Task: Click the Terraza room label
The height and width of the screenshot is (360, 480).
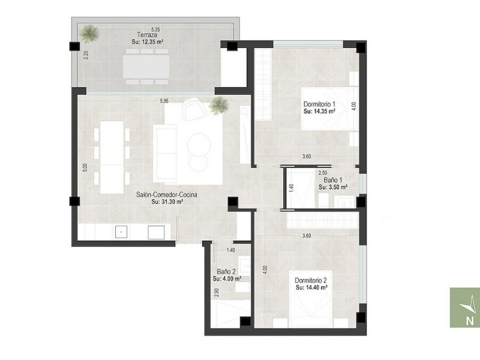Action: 147,35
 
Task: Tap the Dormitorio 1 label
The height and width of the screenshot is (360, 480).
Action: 319,104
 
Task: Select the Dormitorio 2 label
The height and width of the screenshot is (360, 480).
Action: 311,280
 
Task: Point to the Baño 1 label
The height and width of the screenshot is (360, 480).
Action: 333,180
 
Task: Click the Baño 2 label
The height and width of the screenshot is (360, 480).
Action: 226,271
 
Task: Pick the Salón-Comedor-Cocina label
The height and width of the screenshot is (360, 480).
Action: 167,194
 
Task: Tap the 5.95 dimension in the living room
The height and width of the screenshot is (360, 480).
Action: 164,100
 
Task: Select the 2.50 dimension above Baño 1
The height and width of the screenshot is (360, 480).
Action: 323,173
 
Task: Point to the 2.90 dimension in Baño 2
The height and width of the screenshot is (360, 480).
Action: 217,293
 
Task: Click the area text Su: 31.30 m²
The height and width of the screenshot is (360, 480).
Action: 167,202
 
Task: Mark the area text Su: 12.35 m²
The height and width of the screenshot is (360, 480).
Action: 147,42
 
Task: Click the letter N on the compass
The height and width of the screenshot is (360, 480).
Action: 469,321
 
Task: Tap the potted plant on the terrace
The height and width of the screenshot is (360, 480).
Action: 89,34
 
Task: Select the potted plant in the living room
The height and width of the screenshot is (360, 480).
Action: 219,105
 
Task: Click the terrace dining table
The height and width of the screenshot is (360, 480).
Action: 146,66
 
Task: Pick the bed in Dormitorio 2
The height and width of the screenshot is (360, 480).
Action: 311,299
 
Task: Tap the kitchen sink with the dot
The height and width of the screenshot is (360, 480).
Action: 121,233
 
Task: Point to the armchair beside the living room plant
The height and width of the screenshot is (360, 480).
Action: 194,109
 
